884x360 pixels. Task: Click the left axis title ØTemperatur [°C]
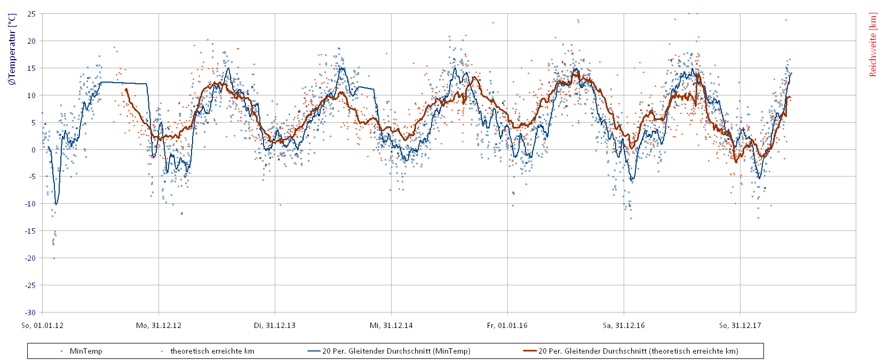12,50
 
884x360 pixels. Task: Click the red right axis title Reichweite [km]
873,45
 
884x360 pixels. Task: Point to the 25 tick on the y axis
31,14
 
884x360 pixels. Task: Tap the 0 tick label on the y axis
33,150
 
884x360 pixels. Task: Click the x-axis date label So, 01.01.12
42,325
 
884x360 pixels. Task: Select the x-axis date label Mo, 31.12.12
158,325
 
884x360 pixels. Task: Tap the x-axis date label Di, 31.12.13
275,325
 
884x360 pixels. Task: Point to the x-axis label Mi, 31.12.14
391,325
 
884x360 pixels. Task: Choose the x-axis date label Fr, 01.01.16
507,325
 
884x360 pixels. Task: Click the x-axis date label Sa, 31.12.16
624,325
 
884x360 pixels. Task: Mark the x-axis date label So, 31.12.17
740,325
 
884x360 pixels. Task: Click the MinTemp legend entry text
86,351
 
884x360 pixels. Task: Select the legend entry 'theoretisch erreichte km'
212,351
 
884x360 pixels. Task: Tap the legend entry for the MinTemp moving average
396,351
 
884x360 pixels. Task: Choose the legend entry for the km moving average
638,351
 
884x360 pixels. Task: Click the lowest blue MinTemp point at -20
54,258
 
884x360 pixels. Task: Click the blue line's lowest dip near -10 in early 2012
56,204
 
